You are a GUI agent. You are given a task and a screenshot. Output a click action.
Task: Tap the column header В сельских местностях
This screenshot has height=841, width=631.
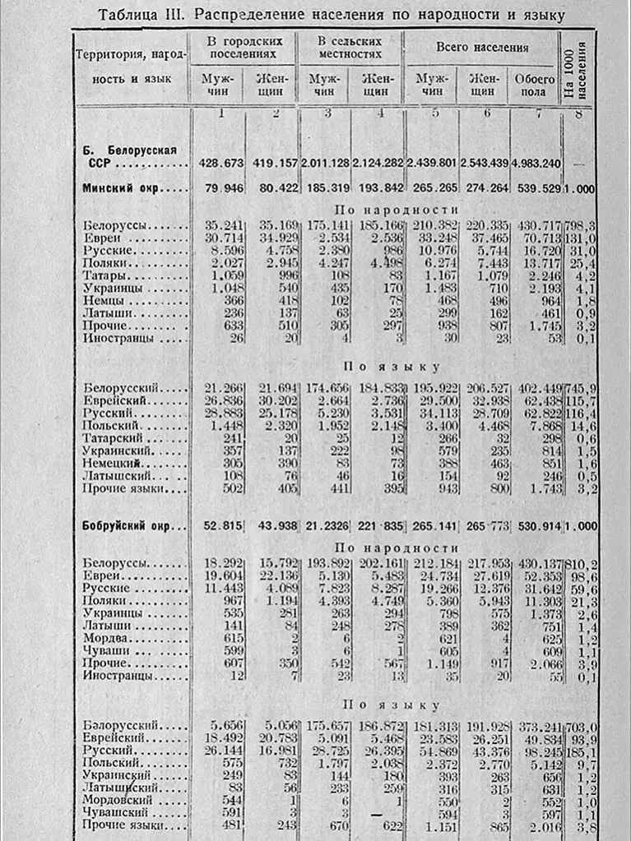[350, 48]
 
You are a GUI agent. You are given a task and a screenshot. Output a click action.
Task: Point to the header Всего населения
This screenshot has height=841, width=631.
[481, 48]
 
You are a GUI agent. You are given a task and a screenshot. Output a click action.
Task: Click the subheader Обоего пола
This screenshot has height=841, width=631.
[535, 86]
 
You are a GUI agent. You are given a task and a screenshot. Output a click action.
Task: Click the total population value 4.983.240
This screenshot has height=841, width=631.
[535, 164]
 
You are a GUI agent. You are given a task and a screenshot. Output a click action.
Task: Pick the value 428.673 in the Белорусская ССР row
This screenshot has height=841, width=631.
[218, 164]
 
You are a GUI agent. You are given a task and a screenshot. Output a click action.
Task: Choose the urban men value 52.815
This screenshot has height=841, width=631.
[218, 526]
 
